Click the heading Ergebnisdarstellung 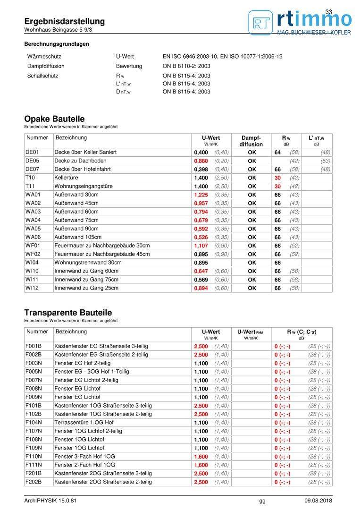coord(65,22)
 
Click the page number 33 coord(329,12)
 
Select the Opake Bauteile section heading coord(54,119)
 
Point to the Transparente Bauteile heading coord(68,313)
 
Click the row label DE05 coord(32,161)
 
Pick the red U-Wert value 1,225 coord(201,195)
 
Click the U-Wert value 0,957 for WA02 coord(201,204)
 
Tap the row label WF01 coord(33,246)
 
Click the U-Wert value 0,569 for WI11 coord(201,280)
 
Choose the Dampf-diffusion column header coord(251,141)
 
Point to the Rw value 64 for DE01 coord(277,153)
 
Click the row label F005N coord(33,372)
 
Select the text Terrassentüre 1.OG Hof coord(84,423)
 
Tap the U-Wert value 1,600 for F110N coord(201,457)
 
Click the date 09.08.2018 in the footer coord(318,501)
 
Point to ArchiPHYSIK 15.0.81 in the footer coord(50,501)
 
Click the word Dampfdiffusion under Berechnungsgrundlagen coord(46,66)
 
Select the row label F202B coord(33,482)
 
